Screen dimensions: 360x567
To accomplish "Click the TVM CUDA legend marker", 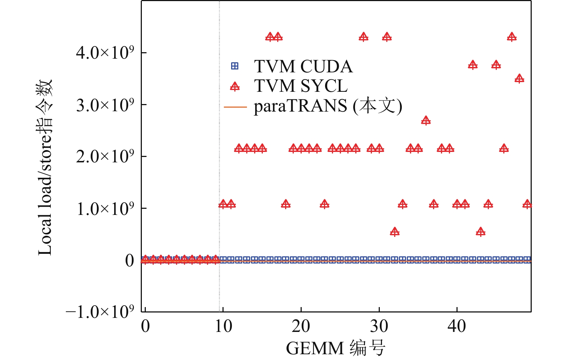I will click(235, 66).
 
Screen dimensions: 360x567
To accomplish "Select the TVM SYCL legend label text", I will click(301, 86).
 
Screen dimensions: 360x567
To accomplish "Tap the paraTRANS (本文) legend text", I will click(328, 106).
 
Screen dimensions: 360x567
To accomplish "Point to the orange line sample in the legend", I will click(235, 107).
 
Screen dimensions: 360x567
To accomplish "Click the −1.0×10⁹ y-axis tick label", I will click(100, 312).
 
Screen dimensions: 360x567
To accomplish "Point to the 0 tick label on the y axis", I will click(130, 260).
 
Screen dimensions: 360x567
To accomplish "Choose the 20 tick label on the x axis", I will click(301, 326).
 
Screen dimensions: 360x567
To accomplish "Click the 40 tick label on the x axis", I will click(457, 326).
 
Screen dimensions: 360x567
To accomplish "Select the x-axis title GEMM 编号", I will click(336, 348).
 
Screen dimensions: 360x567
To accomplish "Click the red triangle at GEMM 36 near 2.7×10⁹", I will click(426, 121).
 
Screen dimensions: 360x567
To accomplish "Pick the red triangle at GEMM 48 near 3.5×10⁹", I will click(519, 79).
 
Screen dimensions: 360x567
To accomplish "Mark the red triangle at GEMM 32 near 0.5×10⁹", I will click(395, 231).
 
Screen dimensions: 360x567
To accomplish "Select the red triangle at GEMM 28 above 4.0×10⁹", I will click(364, 37).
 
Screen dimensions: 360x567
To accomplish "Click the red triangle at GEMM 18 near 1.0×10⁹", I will click(286, 204).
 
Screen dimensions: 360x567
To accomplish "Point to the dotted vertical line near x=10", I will click(220, 108).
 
